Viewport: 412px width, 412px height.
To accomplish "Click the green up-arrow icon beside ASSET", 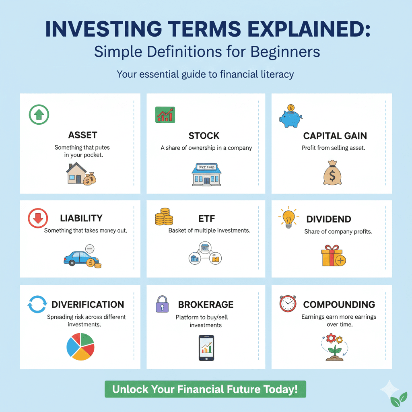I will (x=39, y=115).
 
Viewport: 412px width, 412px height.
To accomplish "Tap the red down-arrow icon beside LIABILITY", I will (x=38, y=218).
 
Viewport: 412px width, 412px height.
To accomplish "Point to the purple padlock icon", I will (x=162, y=305).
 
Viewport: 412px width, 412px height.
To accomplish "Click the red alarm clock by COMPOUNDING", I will (x=288, y=304).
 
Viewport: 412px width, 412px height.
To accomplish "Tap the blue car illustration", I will (x=80, y=258).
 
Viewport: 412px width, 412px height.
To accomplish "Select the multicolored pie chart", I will (x=80, y=346).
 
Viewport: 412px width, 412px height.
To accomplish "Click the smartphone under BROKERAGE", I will (x=206, y=348).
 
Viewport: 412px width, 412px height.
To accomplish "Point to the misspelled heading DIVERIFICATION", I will (x=88, y=305).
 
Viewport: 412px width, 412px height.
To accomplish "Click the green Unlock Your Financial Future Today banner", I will (x=205, y=389).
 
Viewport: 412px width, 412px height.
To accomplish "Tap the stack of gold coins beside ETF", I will (x=164, y=217).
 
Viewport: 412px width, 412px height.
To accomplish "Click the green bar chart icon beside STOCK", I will (x=165, y=115).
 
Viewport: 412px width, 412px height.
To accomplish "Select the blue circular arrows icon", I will (x=37, y=305).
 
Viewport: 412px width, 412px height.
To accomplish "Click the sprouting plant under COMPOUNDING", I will (x=334, y=348).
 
